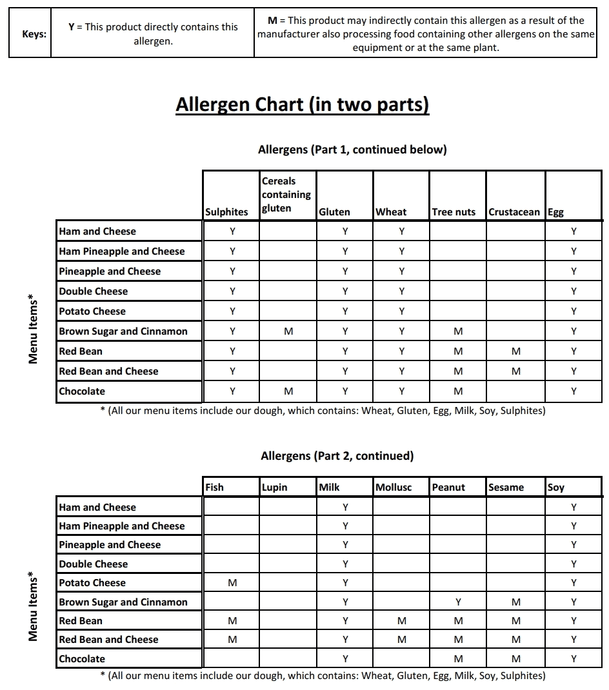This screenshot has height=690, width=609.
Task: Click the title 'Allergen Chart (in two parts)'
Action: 303,104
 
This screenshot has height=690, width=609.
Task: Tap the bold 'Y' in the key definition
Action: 72,27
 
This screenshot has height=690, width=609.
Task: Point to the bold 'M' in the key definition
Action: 272,21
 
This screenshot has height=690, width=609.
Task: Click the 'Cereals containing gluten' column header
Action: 286,195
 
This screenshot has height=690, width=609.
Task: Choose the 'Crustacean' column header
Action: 514,212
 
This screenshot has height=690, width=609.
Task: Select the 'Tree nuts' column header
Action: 454,212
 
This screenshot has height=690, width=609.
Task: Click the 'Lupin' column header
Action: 274,488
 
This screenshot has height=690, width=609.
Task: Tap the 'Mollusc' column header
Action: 394,488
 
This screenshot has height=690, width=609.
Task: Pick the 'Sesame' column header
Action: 506,488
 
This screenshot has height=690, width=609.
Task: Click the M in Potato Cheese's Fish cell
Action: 232,583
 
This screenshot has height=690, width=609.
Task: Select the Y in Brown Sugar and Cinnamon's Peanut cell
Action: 458,602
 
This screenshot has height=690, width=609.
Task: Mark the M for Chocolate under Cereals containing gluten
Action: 288,391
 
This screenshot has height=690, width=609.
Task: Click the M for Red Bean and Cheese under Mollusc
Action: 402,640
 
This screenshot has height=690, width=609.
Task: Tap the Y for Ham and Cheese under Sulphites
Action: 232,232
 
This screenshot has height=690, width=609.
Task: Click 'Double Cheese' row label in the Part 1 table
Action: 94,291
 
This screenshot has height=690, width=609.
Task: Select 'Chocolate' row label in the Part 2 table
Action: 82,659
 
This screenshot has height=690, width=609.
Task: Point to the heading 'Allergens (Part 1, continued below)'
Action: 352,150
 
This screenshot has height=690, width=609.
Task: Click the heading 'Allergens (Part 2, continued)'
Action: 337,456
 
